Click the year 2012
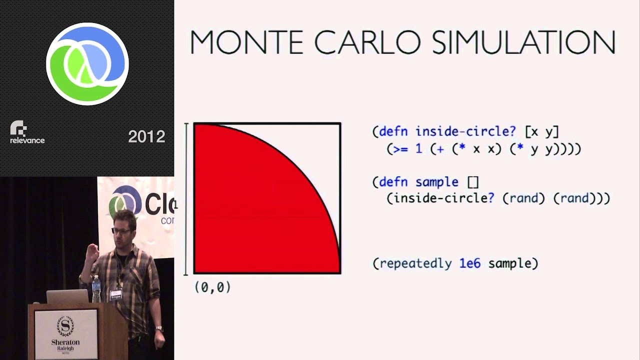tap(146, 137)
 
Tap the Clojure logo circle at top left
tap(87, 63)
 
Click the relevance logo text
tap(27, 140)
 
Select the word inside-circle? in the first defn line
tap(465, 131)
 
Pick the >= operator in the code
tap(400, 149)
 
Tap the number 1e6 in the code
tap(469, 263)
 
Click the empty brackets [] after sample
tap(472, 182)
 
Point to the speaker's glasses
tap(122, 231)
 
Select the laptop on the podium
tap(67, 296)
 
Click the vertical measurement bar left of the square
tap(186, 198)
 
